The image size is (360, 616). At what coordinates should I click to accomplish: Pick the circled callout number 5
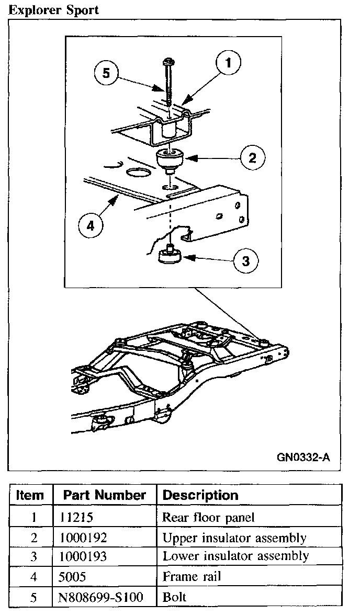[106, 73]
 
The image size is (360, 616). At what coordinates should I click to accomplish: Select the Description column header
[200, 495]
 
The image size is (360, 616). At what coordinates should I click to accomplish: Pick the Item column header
[30, 495]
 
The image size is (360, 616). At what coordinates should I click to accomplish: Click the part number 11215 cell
[77, 518]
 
